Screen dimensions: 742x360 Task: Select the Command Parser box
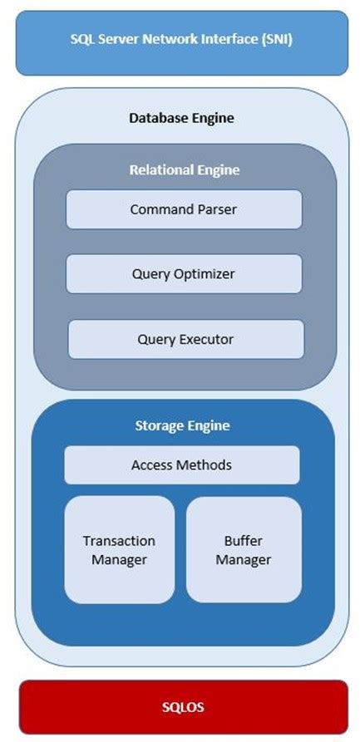click(x=183, y=209)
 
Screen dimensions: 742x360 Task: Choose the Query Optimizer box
click(x=183, y=273)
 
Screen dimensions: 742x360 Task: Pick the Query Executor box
click(x=185, y=339)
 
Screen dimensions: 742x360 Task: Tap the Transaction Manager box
click(x=119, y=549)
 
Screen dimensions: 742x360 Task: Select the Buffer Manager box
click(x=243, y=549)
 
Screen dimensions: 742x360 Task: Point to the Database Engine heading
click(x=181, y=118)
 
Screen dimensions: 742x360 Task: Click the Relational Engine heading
click(x=184, y=170)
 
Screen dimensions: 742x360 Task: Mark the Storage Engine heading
click(x=182, y=425)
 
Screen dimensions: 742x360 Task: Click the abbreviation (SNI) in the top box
click(x=274, y=39)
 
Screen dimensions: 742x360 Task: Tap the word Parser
click(x=215, y=209)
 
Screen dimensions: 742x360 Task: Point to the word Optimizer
click(x=205, y=273)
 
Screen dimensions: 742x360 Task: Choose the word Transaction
click(x=119, y=540)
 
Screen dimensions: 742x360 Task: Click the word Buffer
click(x=244, y=540)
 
